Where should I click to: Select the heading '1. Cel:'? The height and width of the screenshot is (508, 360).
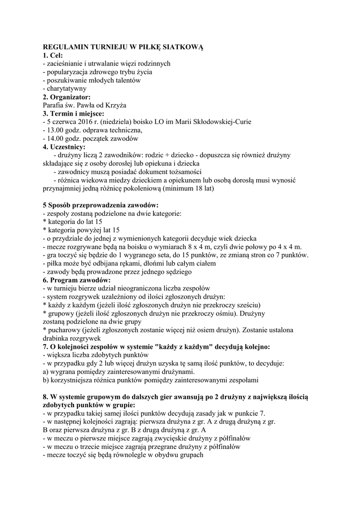(53, 56)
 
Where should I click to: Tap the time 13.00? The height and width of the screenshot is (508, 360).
(56, 130)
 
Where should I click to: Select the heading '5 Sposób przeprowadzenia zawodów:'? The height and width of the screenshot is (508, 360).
(101, 205)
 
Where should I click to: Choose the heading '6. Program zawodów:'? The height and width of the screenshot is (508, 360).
(76, 280)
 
